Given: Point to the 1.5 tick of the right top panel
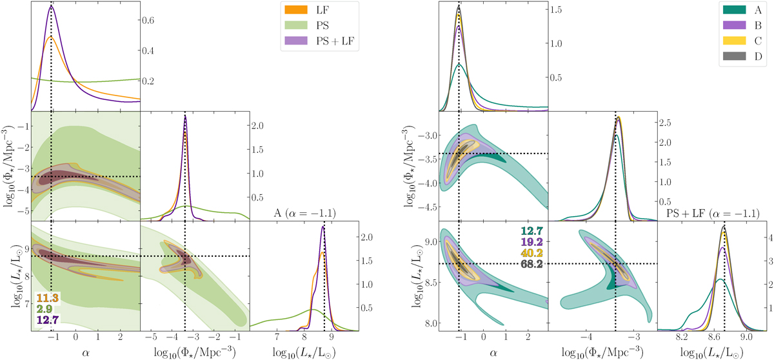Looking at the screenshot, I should coord(553,10).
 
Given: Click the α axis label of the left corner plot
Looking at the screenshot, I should coord(85,352).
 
